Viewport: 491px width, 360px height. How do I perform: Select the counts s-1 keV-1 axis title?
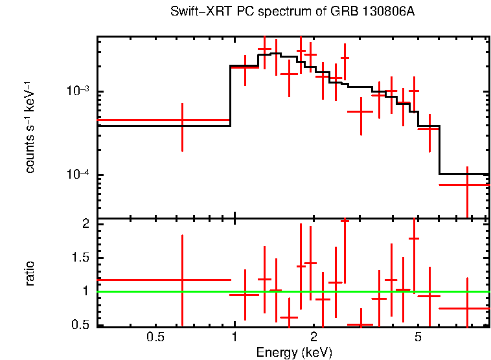(30, 127)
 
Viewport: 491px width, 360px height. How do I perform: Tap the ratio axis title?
(30, 274)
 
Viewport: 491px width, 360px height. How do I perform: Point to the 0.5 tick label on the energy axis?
(154, 337)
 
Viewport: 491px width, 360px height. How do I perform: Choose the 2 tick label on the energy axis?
(314, 337)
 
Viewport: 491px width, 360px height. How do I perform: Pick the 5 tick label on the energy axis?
(418, 337)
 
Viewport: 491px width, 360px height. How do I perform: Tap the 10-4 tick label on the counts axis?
(79, 175)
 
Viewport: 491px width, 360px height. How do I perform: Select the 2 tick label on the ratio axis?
(85, 224)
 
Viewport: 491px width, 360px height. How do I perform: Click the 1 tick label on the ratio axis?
(85, 291)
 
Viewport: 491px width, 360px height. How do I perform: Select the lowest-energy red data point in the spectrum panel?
(182, 120)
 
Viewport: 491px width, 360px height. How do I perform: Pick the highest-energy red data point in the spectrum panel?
(466, 185)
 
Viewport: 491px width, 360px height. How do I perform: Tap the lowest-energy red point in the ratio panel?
(182, 280)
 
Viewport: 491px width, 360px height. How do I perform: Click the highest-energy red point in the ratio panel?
(466, 308)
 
